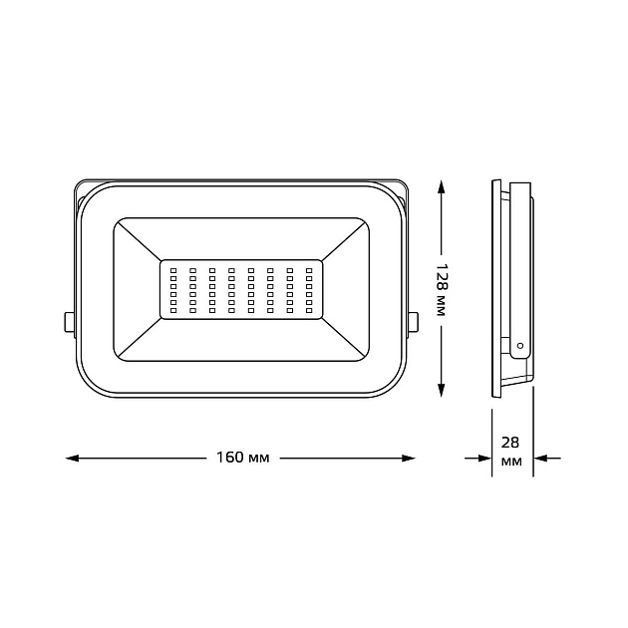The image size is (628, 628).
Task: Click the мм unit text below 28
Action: pos(511,464)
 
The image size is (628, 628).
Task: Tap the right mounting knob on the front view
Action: pos(413,322)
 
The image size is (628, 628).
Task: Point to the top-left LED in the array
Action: pos(173,269)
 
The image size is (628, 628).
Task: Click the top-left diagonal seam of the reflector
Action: pos(138,240)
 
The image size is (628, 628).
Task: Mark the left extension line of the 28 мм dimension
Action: pos(491,439)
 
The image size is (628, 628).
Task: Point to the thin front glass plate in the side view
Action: pos(494,289)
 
